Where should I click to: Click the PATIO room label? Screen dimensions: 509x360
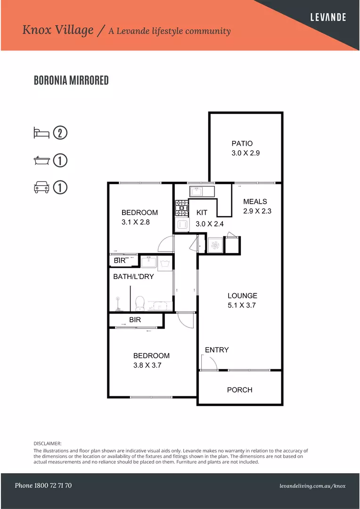point(242,143)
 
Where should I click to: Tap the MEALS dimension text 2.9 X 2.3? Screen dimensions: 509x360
point(257,211)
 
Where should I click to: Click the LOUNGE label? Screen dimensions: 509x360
point(242,296)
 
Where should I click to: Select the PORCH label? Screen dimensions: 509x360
point(239,390)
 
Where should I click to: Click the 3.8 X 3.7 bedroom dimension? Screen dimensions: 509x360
point(147,365)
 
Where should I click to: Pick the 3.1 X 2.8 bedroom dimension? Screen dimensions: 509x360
point(135,222)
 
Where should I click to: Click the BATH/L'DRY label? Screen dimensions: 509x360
point(133,277)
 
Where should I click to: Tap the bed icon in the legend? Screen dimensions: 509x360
point(41,133)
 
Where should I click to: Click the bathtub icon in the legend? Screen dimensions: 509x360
point(41,161)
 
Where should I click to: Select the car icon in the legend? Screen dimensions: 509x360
point(41,188)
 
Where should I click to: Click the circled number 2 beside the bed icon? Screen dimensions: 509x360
point(60,133)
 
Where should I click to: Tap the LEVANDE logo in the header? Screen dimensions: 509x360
point(328,17)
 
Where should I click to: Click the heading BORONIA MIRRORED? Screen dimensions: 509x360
point(71,81)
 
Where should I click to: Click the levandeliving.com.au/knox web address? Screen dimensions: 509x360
point(312,486)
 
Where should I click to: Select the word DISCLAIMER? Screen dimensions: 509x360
point(48,443)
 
